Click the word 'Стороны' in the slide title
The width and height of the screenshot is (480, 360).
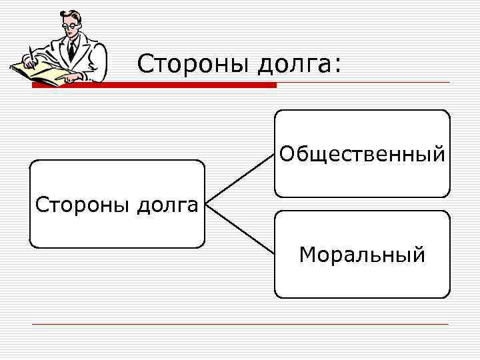click(x=192, y=64)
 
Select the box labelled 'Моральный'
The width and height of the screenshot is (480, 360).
click(x=362, y=280)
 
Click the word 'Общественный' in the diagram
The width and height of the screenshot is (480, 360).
click(x=362, y=155)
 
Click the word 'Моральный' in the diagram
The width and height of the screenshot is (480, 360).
click(x=362, y=255)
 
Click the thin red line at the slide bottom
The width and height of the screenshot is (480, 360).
click(x=240, y=324)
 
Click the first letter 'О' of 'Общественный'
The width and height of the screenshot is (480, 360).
click(x=287, y=155)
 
